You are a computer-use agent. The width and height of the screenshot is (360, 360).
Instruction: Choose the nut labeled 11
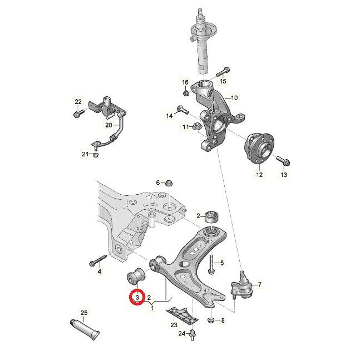point(196,127)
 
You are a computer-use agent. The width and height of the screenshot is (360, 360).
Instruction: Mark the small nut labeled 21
point(96,154)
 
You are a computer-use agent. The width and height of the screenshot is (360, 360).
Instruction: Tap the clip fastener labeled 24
point(193,334)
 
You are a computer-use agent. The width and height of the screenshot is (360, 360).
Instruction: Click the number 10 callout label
point(234,98)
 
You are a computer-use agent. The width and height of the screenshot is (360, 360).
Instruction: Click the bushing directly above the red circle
point(136,276)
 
